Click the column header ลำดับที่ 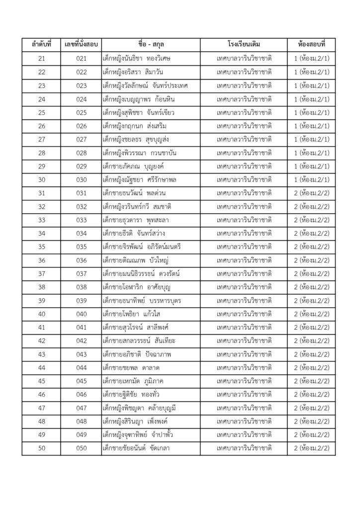(42, 45)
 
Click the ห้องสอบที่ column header (312, 45)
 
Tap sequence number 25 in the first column (42, 112)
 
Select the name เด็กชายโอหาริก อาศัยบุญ (136, 287)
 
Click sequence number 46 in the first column (42, 394)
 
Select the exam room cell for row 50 (312, 448)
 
